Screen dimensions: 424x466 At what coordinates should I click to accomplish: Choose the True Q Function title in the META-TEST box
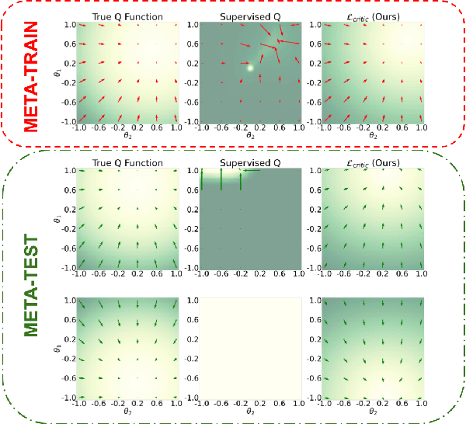click(x=128, y=163)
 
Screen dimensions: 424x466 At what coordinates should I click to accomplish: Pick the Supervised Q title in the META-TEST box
click(x=250, y=163)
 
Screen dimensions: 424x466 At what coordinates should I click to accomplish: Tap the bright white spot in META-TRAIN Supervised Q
click(x=250, y=68)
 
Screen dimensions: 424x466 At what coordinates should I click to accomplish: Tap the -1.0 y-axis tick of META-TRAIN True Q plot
click(x=68, y=121)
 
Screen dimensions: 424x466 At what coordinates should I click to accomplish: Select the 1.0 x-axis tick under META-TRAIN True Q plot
click(x=176, y=127)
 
